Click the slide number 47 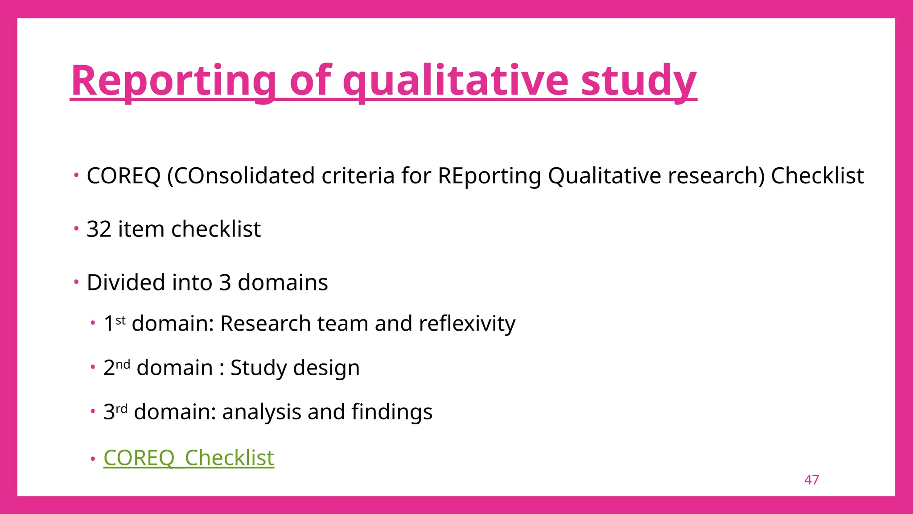tap(811, 480)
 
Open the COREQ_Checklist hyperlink tap(189, 458)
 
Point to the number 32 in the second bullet tap(99, 229)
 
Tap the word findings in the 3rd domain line tap(392, 412)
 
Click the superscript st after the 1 tap(120, 320)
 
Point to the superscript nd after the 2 tap(123, 364)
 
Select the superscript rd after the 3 tap(121, 408)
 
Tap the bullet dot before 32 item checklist tap(76, 229)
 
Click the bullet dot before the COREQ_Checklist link tap(93, 459)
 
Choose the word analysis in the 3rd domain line tap(261, 412)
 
